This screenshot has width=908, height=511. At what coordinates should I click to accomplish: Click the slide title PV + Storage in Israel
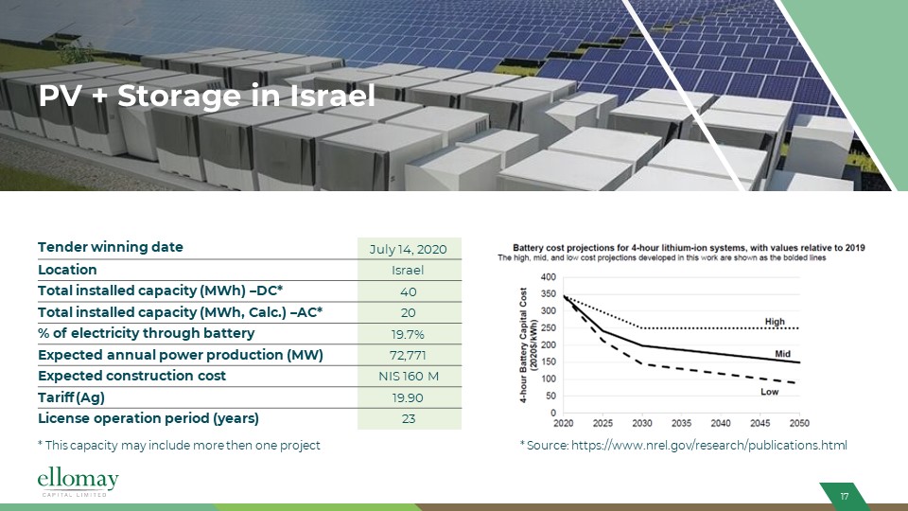[206, 97]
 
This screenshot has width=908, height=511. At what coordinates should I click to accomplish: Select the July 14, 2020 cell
[409, 250]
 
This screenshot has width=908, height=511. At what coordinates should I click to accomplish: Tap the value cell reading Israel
[409, 271]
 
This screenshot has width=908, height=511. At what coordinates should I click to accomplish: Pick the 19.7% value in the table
[409, 334]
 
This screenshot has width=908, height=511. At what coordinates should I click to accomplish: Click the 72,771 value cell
[409, 355]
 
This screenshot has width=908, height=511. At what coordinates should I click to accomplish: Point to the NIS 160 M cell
[409, 377]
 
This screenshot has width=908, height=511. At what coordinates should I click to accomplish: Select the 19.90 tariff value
[409, 397]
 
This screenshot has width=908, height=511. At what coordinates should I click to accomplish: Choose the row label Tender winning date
[111, 248]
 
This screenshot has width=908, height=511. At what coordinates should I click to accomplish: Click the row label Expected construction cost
[131, 376]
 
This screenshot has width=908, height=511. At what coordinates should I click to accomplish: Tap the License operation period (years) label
[148, 417]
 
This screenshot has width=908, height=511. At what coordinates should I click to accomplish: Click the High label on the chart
[775, 323]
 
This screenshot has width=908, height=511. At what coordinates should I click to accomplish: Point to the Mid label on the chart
[782, 353]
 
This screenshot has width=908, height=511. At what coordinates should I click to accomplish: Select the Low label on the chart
[770, 391]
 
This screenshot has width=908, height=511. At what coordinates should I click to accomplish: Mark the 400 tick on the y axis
[549, 277]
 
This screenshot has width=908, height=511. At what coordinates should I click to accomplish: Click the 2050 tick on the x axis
[800, 423]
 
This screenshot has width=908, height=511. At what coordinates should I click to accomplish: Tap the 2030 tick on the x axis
[643, 423]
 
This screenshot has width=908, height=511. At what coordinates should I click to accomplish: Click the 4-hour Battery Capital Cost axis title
[527, 345]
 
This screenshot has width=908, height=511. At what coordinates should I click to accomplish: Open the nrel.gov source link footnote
[683, 446]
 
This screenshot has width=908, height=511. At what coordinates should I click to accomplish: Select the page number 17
[844, 498]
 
